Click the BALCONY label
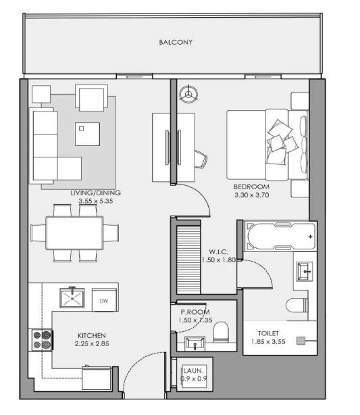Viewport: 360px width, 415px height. pyautogui.click(x=176, y=42)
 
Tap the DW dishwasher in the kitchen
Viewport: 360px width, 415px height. pyautogui.click(x=105, y=300)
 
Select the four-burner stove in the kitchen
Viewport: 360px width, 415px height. pyautogui.click(x=43, y=340)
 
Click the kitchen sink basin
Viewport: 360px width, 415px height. pyautogui.click(x=72, y=298)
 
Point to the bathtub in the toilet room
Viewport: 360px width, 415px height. pyautogui.click(x=280, y=236)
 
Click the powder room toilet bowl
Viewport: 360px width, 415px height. pyautogui.click(x=221, y=332)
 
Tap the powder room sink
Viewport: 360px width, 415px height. pyautogui.click(x=195, y=343)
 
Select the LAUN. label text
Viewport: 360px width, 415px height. pyautogui.click(x=194, y=370)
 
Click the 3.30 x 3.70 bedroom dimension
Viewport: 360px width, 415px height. pyautogui.click(x=251, y=195)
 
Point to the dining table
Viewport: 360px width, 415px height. pyautogui.click(x=74, y=233)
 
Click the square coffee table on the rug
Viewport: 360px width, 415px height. pyautogui.click(x=87, y=134)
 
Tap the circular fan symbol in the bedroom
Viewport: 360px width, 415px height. pyautogui.click(x=188, y=94)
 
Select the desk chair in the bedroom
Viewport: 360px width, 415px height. pyautogui.click(x=201, y=159)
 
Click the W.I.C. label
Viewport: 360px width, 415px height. pyautogui.click(x=218, y=251)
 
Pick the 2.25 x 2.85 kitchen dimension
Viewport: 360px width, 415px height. pyautogui.click(x=92, y=344)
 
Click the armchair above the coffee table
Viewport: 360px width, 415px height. pyautogui.click(x=92, y=98)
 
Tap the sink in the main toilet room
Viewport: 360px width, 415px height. pyautogui.click(x=305, y=271)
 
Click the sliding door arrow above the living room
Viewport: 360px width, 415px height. pyautogui.click(x=134, y=77)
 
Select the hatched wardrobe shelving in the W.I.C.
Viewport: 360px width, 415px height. pyautogui.click(x=188, y=260)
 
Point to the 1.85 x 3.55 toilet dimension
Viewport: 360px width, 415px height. pyautogui.click(x=268, y=342)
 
